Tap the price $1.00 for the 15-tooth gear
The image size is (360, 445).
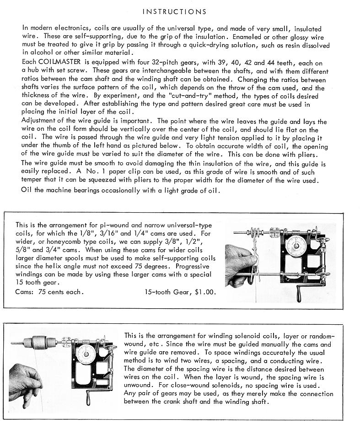(x=204, y=291)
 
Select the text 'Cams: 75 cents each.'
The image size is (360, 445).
(x=49, y=291)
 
